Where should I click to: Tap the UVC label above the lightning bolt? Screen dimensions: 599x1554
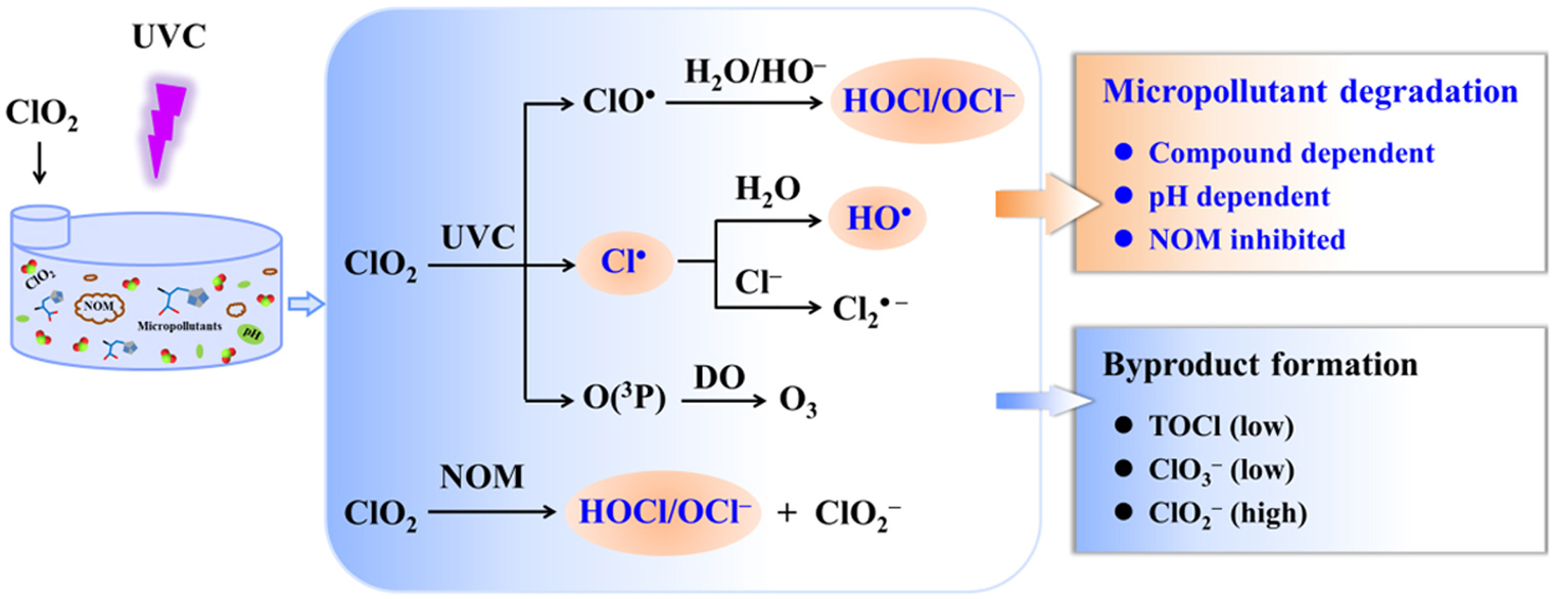coord(169,37)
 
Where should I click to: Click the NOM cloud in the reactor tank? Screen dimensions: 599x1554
coord(99,307)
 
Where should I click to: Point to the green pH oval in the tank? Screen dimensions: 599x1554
coord(251,334)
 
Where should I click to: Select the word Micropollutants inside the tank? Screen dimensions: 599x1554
coord(179,326)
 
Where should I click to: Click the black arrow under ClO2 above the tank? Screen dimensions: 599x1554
coord(40,162)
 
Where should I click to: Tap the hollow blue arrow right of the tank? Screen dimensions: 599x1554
coord(306,304)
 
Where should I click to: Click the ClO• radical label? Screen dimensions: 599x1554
coord(619,102)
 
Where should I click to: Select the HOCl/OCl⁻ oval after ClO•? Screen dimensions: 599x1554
coord(928,101)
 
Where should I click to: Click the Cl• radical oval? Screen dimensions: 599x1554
coord(624,262)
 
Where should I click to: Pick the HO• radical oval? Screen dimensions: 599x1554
coord(878,218)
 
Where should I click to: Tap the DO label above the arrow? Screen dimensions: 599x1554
coord(719,378)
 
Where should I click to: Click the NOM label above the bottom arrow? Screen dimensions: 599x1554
coord(482,478)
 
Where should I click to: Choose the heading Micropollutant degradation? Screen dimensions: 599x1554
coord(1310,92)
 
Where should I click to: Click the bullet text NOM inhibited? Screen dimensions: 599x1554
coord(1246,240)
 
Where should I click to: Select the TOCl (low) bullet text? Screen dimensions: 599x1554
coord(1220,426)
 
